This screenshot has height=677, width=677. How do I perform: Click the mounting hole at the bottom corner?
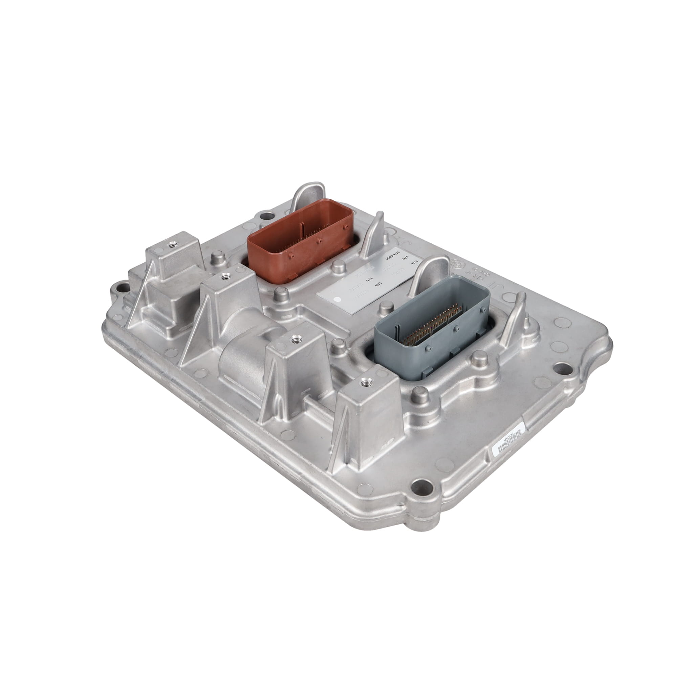[420, 485]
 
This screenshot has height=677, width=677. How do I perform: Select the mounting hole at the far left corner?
[121, 288]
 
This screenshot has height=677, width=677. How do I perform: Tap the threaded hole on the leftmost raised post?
[171, 245]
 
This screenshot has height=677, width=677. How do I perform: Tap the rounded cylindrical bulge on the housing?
[242, 354]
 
